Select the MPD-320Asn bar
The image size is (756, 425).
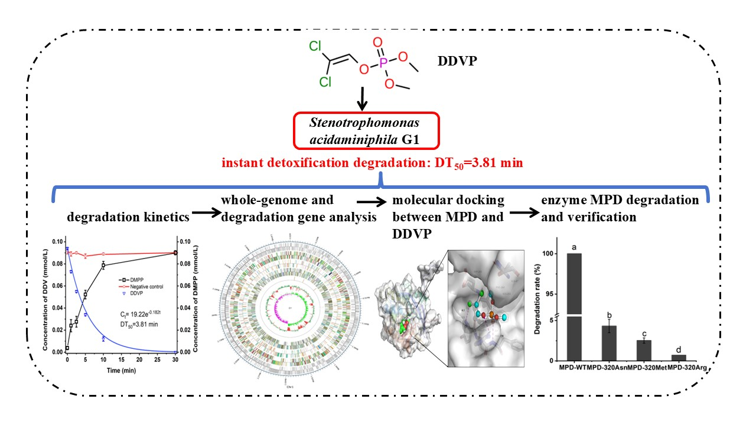[608, 342]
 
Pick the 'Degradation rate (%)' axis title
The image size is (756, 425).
[537, 299]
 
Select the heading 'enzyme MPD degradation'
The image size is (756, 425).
[620, 200]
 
